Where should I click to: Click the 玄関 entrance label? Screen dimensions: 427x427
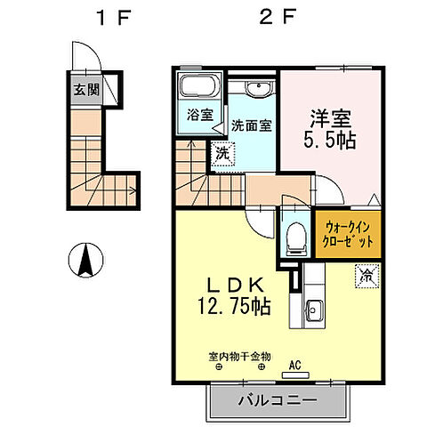click(87, 88)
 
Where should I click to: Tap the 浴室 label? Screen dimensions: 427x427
click(199, 115)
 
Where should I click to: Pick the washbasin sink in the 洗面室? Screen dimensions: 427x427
click(259, 92)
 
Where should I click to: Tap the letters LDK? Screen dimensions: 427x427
click(235, 286)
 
